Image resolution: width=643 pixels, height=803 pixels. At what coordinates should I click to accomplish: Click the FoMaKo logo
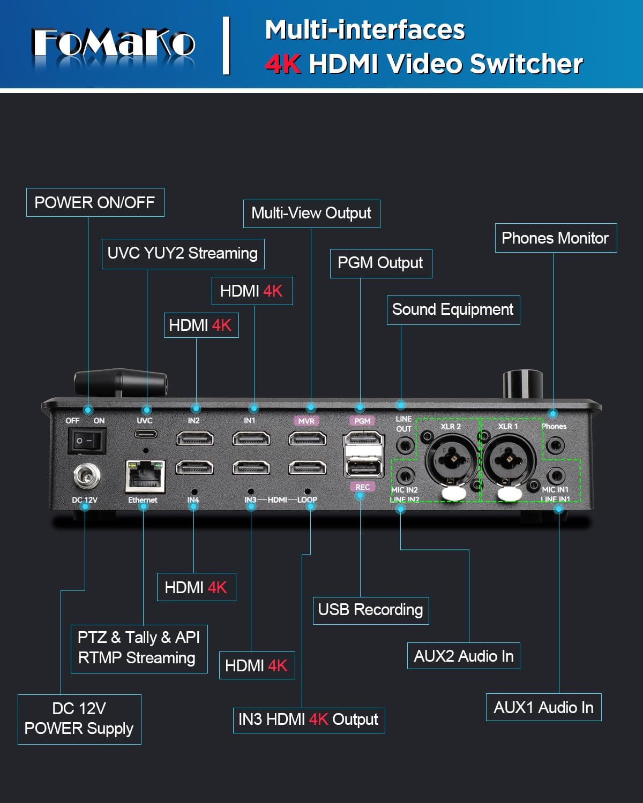click(x=114, y=44)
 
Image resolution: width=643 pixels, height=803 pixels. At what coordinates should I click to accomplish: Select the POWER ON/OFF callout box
click(x=95, y=202)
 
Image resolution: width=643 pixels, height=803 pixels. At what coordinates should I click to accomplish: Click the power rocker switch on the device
click(x=86, y=442)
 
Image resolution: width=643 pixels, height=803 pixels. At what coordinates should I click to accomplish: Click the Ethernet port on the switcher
click(x=145, y=475)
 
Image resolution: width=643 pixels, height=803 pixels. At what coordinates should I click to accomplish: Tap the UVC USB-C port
click(x=145, y=434)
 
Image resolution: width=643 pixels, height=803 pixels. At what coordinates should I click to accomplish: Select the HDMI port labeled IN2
click(x=195, y=439)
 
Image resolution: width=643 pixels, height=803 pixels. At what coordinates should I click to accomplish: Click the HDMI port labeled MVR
click(x=308, y=439)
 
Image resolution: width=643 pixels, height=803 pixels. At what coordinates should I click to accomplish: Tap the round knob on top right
click(x=522, y=385)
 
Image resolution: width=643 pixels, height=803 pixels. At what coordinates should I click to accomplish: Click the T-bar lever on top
click(x=121, y=382)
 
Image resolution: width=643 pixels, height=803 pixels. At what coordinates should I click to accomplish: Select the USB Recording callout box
click(x=370, y=610)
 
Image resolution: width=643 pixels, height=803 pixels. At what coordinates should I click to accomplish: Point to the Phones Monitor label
click(x=556, y=238)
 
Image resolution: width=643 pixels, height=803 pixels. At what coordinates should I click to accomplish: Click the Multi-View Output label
click(x=311, y=214)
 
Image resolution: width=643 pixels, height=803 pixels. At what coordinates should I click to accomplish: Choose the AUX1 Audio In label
click(x=543, y=708)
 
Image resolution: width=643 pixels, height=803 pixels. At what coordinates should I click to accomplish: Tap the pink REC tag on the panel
click(x=362, y=487)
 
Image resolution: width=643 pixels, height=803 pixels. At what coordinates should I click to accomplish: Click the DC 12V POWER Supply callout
click(x=79, y=719)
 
